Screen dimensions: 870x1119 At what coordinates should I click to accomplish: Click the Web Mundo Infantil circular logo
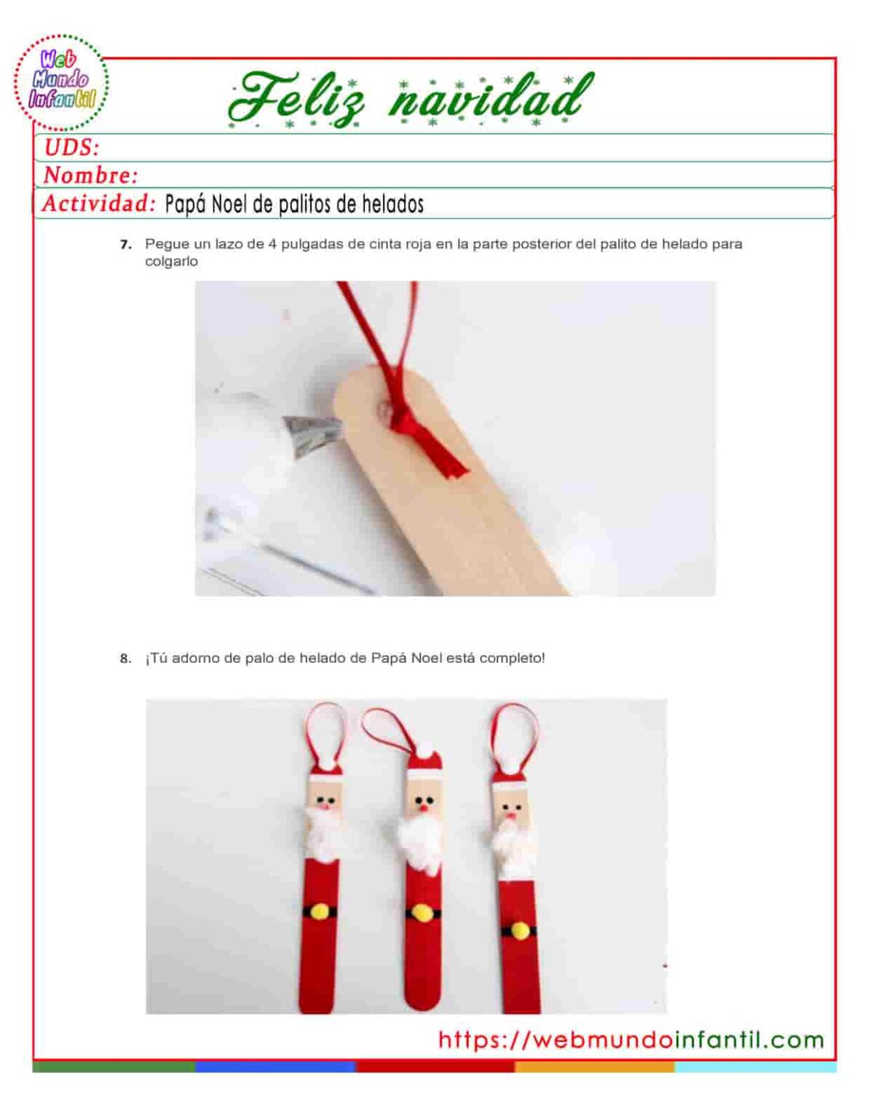[62, 82]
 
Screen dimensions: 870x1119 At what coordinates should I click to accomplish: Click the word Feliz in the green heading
[297, 99]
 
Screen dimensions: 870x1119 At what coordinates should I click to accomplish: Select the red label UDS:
[71, 148]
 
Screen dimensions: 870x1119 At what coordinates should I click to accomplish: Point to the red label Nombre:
[91, 176]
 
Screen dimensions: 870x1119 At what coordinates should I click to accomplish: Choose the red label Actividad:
[99, 203]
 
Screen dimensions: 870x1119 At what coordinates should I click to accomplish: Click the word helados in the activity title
[393, 205]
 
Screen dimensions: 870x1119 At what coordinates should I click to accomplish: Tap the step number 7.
[125, 245]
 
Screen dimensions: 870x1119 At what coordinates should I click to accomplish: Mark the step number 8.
[125, 659]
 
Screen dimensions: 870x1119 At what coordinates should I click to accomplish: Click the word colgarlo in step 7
[171, 262]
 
